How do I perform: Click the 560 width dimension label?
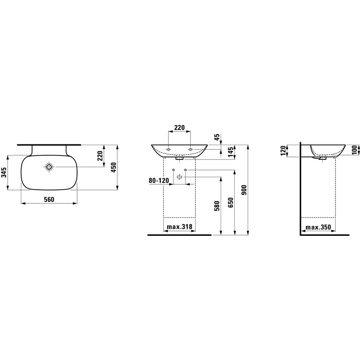49,199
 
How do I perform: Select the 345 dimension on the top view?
4,172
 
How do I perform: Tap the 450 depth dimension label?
113,167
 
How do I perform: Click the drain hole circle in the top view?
49,167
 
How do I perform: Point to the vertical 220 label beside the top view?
100,156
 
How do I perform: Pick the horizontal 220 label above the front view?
179,127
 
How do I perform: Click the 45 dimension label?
217,137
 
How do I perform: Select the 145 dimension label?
231,151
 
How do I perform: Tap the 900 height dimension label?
244,190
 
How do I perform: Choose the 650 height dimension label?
231,202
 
